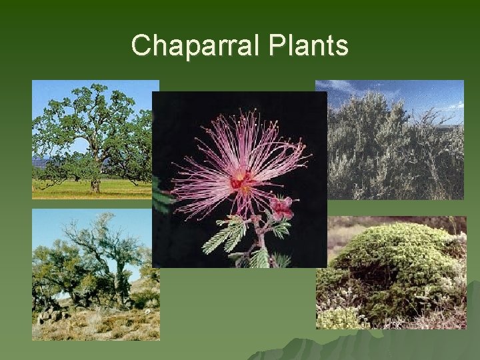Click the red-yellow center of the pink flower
(241, 181)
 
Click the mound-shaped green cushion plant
(393, 267)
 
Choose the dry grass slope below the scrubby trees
(100, 327)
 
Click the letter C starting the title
(141, 45)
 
